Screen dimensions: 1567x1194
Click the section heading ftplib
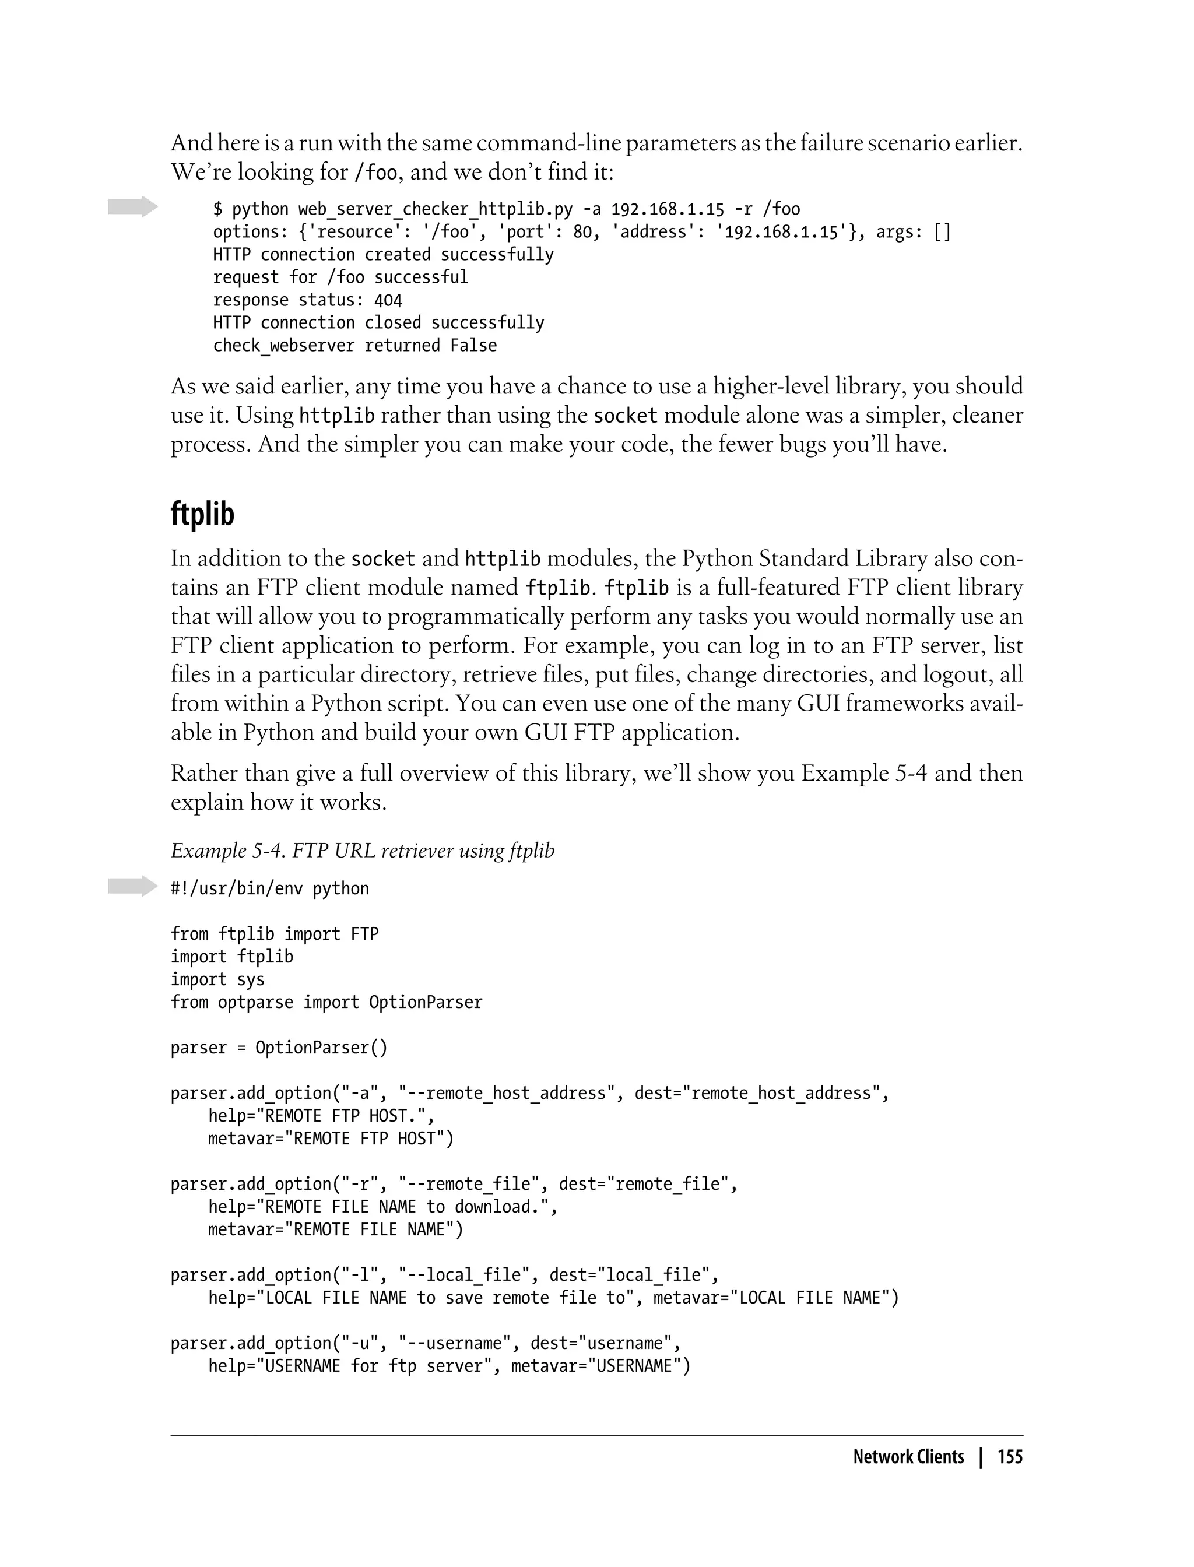pyautogui.click(x=202, y=514)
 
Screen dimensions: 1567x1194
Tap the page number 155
pyautogui.click(x=1009, y=1457)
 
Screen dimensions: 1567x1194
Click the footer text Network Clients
pyautogui.click(x=908, y=1457)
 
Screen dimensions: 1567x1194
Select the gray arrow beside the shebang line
pyautogui.click(x=132, y=886)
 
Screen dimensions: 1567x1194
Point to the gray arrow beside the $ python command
pyautogui.click(x=132, y=207)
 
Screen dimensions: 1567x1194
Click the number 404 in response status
pyautogui.click(x=388, y=300)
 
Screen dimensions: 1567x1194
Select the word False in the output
pyautogui.click(x=473, y=345)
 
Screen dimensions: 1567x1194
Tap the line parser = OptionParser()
pyautogui.click(x=279, y=1048)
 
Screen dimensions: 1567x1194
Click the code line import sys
pyautogui.click(x=217, y=979)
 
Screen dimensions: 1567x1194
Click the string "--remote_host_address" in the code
pyautogui.click(x=507, y=1093)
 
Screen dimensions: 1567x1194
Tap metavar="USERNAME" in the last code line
pyautogui.click(x=600, y=1366)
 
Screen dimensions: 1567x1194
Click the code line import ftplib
pyautogui.click(x=231, y=957)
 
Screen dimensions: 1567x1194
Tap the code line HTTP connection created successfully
pyautogui.click(x=383, y=254)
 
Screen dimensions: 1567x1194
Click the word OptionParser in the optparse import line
pyautogui.click(x=425, y=1002)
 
